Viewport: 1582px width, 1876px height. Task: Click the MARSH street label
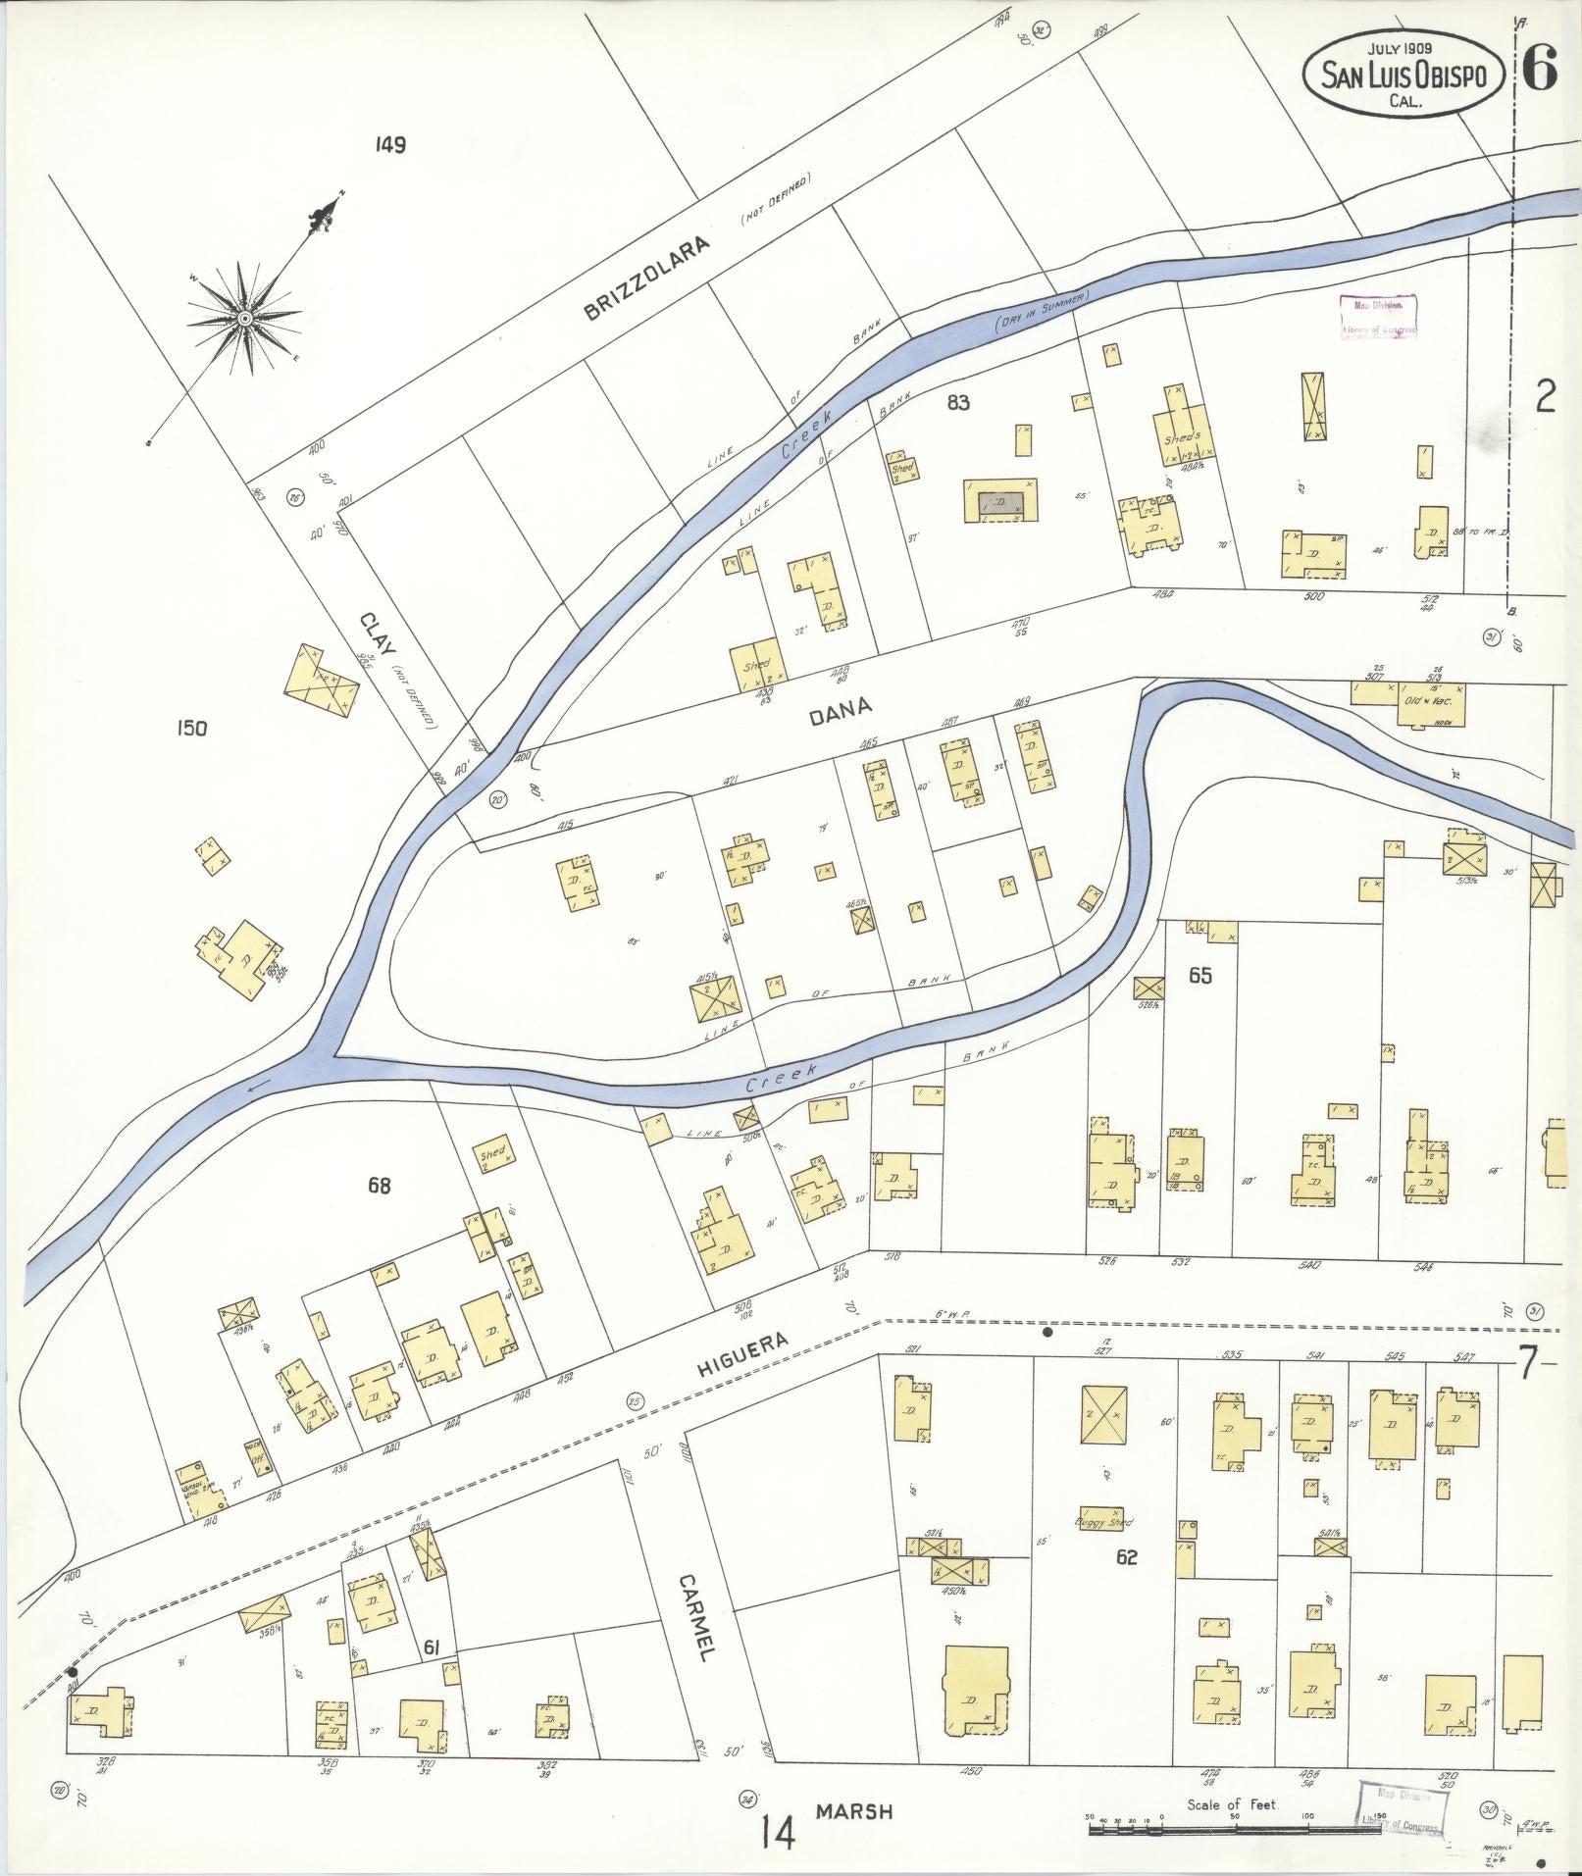[x=853, y=1812]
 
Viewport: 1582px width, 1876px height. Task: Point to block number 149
[x=389, y=145]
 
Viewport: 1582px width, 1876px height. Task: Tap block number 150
[x=191, y=728]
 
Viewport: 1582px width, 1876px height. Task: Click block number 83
[x=958, y=402]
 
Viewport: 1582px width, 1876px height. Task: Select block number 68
[x=379, y=1186]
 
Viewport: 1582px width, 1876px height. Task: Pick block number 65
[x=1199, y=976]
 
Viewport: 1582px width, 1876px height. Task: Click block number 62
[x=1126, y=1556]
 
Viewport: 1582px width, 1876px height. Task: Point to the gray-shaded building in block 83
[x=999, y=502]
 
